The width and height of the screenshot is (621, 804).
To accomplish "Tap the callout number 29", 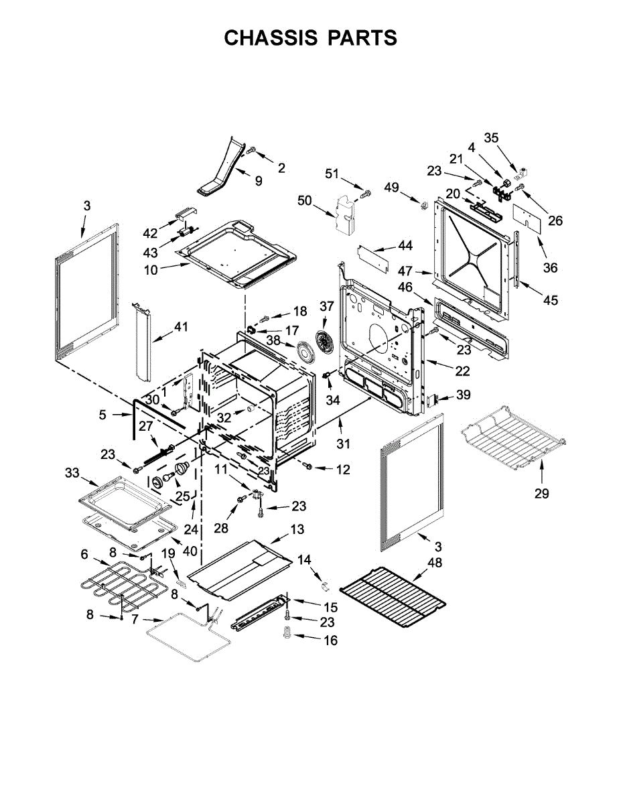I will tap(541, 494).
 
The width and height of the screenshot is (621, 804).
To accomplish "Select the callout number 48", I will tap(434, 563).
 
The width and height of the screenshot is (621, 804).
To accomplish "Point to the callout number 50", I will tap(305, 201).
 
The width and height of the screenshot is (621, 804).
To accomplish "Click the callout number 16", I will tap(330, 641).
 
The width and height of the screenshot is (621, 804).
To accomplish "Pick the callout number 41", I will tap(181, 327).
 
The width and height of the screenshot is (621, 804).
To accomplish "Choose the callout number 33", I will tap(72, 473).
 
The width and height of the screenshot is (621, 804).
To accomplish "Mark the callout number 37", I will tap(326, 306).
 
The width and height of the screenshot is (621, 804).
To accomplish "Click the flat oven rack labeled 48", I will tap(393, 596).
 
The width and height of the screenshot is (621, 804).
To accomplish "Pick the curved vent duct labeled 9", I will tap(221, 168).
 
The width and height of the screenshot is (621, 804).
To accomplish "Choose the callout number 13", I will tap(297, 530).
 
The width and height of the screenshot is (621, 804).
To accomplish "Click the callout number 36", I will tap(550, 269).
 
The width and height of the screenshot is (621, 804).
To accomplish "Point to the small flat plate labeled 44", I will tap(372, 258).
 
